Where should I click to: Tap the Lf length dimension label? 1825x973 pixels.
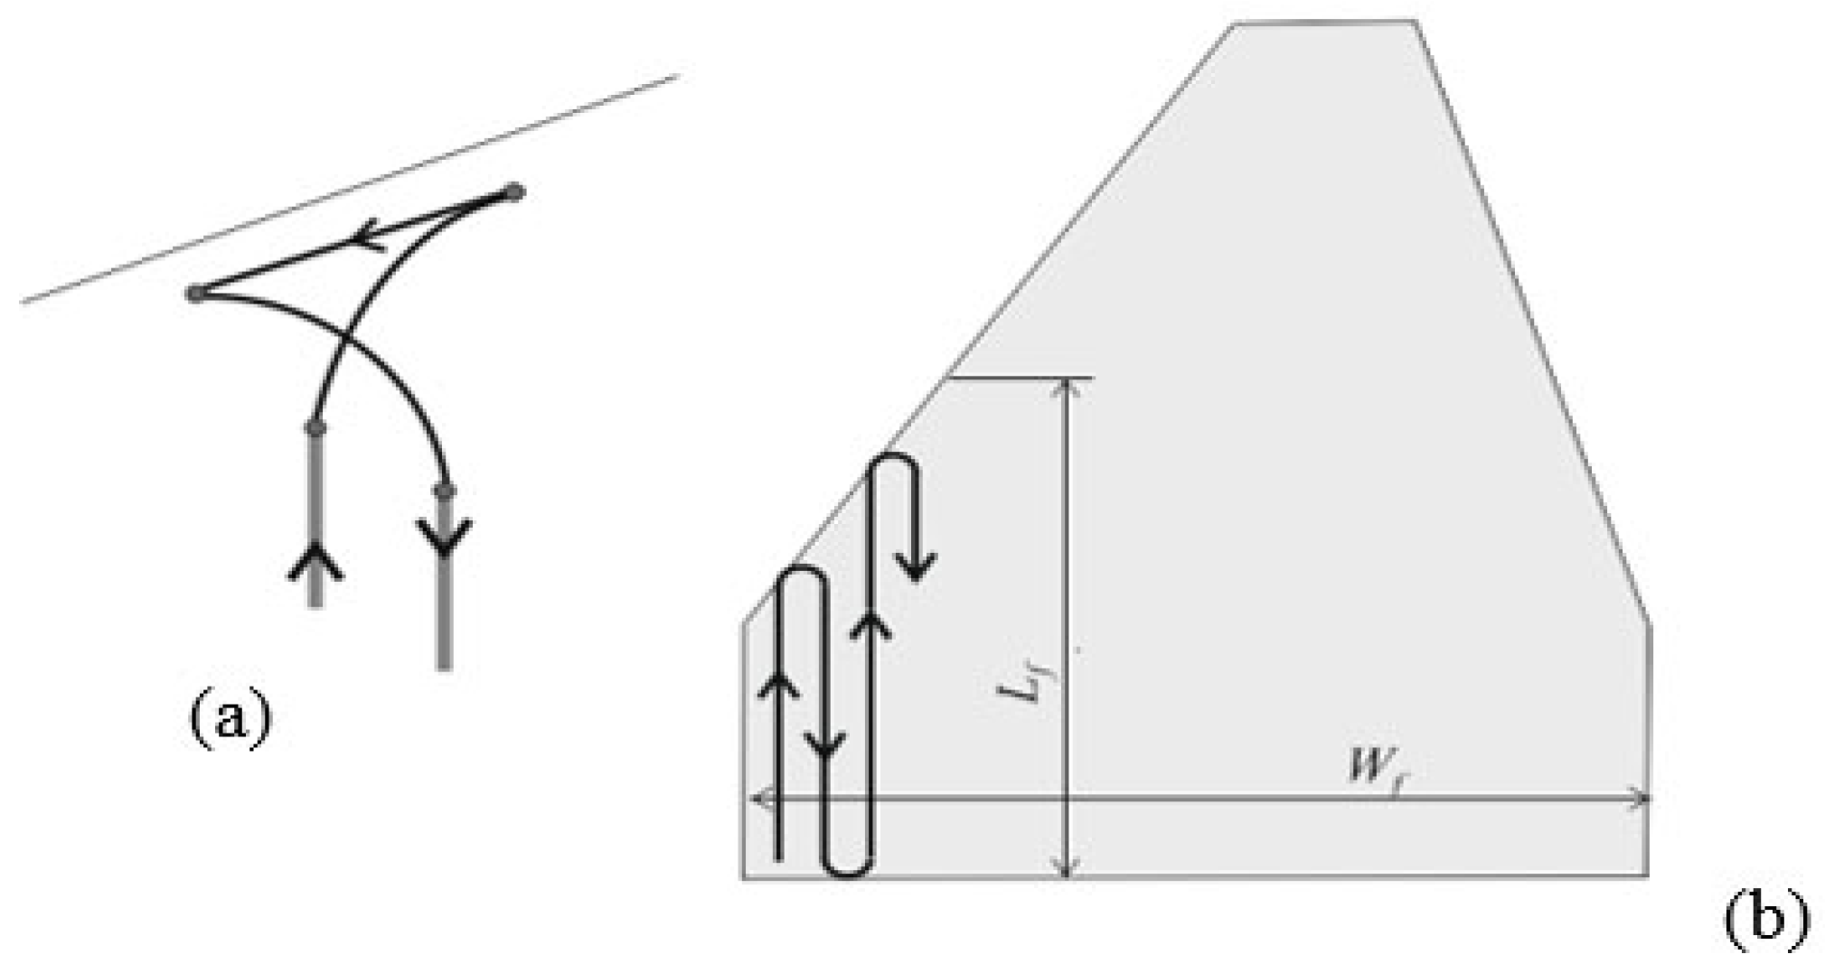tap(1021, 691)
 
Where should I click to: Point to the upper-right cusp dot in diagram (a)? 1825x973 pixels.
tap(513, 192)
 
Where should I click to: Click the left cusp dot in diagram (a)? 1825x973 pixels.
tap(194, 293)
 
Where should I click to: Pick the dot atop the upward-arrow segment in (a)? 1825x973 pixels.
tap(315, 427)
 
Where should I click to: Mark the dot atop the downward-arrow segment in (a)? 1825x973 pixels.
tap(444, 491)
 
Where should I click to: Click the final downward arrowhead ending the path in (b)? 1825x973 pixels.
tap(917, 569)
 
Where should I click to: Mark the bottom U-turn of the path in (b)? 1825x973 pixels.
tap(848, 871)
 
